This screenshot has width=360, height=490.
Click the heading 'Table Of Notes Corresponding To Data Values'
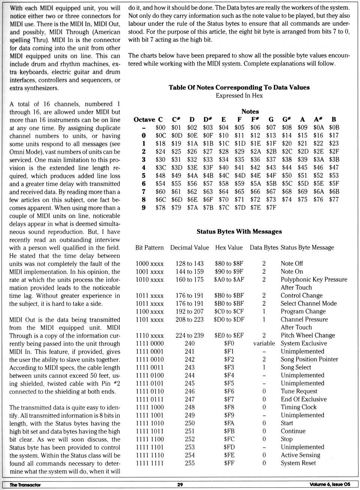pos(239,87)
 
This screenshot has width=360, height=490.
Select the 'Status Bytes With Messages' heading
pos(239,231)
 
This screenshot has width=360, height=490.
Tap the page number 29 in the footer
pos(180,484)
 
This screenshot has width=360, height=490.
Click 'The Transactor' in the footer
pos(25,485)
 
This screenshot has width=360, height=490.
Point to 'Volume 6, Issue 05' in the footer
pos(330,484)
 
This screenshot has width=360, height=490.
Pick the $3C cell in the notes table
pos(160,167)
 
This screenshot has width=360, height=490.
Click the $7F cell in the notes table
pos(271,207)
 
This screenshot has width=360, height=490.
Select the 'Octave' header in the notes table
pos(144,120)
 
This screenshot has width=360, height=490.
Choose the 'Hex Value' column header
pos(229,248)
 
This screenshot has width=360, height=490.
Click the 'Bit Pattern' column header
pos(149,248)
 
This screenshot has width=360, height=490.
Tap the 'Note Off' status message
pos(292,263)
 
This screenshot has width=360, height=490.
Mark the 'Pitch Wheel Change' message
pos(307,335)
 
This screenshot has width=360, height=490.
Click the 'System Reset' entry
pos(298,463)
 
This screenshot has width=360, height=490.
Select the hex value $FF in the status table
pos(229,463)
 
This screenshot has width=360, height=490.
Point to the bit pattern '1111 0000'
pos(149,343)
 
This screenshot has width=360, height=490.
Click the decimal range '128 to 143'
pos(189,263)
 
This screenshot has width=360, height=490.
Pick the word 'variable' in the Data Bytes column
pos(264,343)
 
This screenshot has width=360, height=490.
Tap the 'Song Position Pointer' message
pos(309,359)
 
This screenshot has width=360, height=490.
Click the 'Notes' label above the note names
pos(250,111)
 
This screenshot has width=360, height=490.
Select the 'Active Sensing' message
pos(300,455)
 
